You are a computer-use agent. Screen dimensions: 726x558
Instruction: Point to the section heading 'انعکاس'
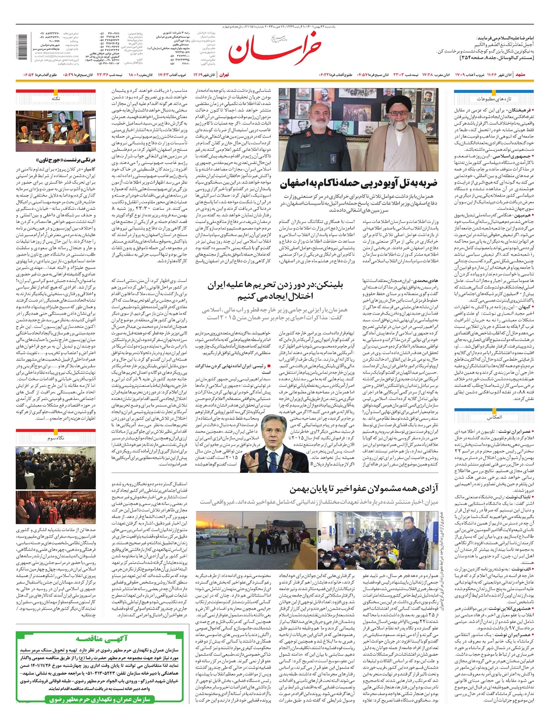494,417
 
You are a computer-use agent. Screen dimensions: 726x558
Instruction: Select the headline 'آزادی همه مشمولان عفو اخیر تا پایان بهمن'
364,489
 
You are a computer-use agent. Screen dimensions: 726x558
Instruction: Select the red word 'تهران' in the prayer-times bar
224,74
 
